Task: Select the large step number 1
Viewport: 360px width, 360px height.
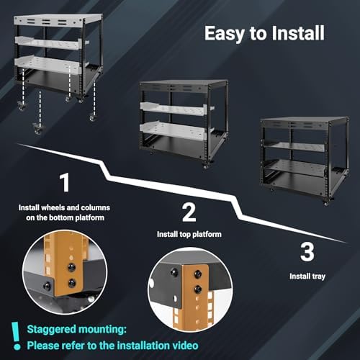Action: pyautogui.click(x=64, y=183)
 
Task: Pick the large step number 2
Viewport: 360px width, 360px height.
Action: pyautogui.click(x=189, y=212)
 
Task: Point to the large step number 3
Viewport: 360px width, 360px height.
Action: pyautogui.click(x=307, y=252)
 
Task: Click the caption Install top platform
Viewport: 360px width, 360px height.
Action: pyautogui.click(x=189, y=234)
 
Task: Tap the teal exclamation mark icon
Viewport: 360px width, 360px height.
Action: pyautogui.click(x=15, y=335)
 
